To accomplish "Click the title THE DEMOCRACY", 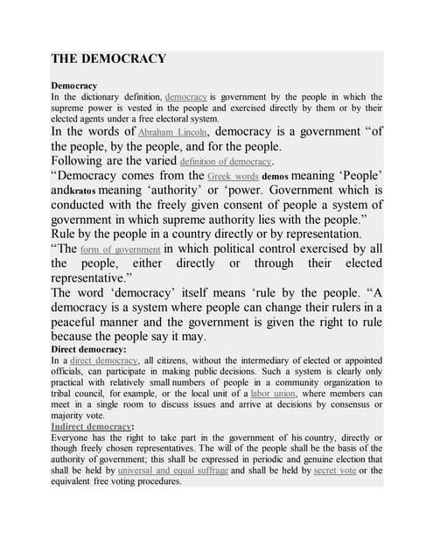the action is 108,59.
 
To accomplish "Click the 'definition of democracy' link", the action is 226,162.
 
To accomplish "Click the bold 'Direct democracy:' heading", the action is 89,350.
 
